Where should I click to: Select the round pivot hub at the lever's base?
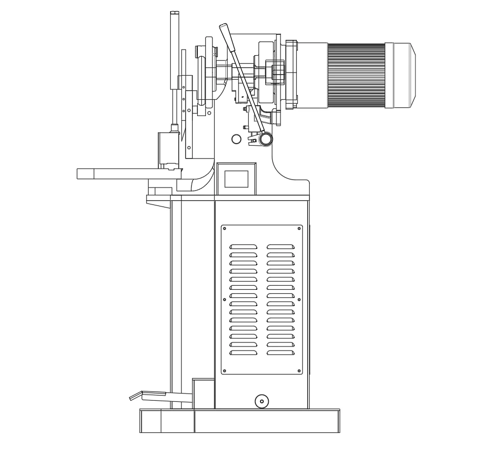point(266,138)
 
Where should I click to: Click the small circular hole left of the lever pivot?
point(236,138)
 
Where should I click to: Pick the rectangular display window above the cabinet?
point(237,179)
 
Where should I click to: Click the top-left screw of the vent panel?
point(225,228)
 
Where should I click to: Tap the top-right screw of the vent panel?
point(299,228)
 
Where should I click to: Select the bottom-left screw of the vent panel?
point(225,371)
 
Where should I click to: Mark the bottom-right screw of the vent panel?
point(299,371)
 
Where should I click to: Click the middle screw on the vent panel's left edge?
point(225,299)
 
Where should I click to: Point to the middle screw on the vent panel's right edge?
point(299,299)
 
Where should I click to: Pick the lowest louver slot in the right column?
point(280,353)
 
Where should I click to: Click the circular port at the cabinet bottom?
point(262,402)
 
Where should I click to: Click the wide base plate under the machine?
point(240,421)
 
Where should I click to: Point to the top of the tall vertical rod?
point(174,14)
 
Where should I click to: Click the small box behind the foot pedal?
point(203,394)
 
